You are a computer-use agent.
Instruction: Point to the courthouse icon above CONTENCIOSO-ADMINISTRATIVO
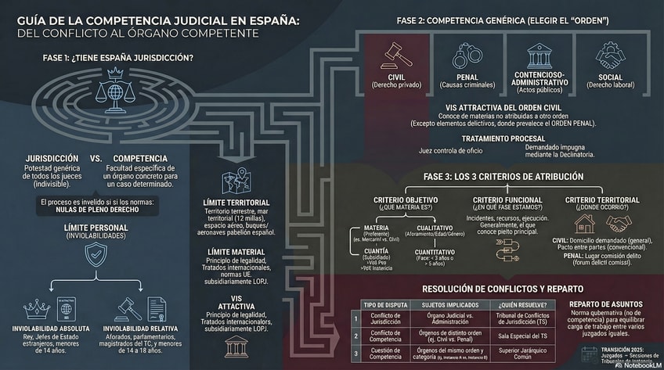tap(540, 56)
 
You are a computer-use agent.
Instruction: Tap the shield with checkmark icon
tap(96, 253)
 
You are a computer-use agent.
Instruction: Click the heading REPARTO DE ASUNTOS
tap(606, 304)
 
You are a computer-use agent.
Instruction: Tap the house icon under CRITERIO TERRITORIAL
tap(584, 225)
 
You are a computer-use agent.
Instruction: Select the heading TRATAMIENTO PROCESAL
tap(504, 138)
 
